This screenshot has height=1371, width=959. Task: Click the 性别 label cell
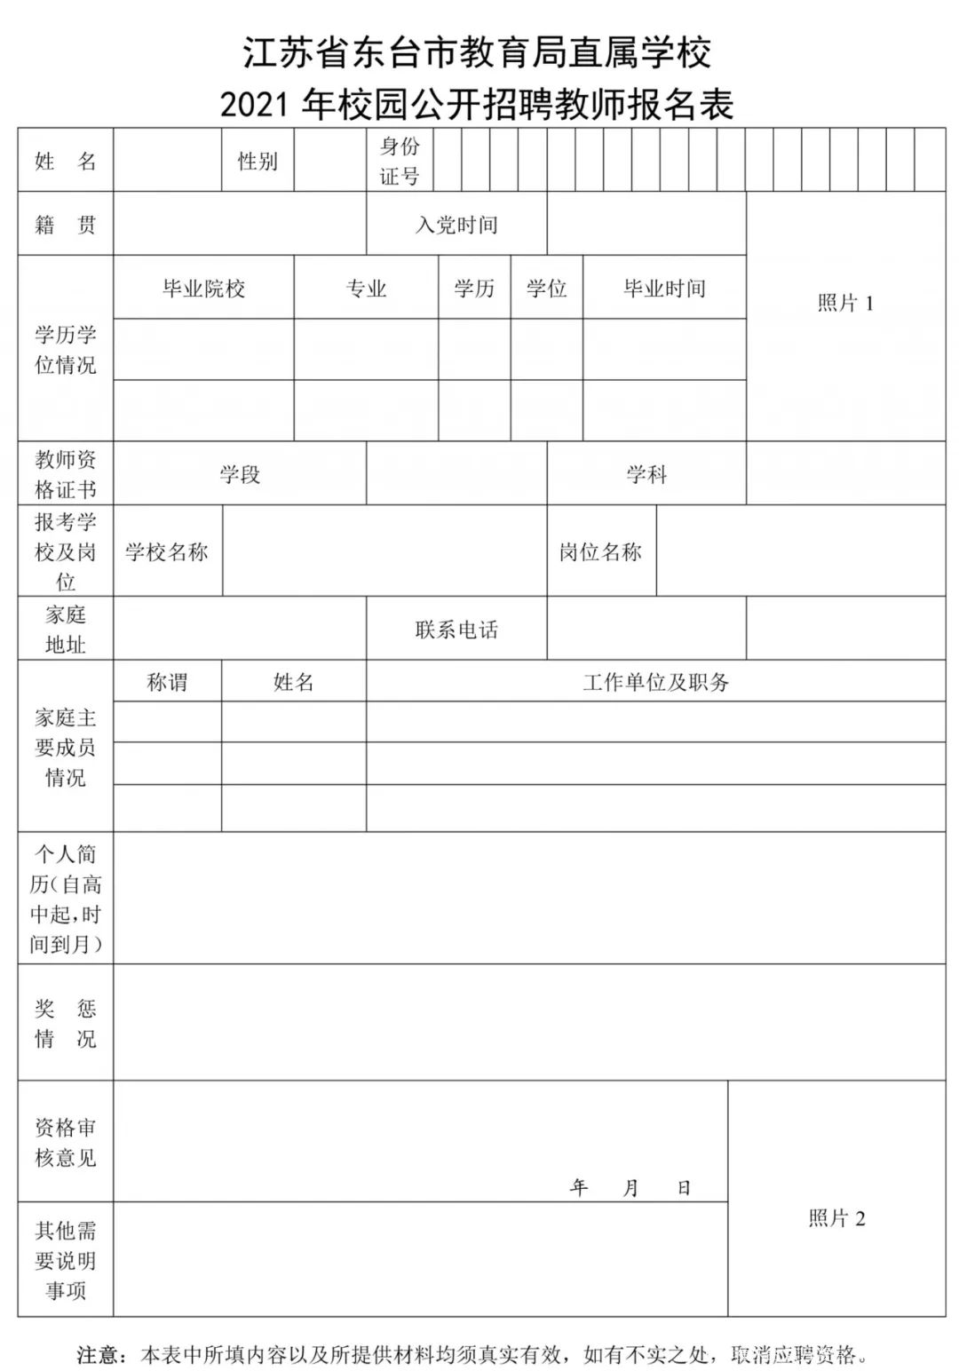258,161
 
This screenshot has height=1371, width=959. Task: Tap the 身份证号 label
400,161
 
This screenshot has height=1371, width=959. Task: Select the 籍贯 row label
66,225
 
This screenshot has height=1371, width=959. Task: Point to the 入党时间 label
456,225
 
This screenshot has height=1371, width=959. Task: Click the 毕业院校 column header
203,289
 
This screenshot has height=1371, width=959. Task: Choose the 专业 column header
366,289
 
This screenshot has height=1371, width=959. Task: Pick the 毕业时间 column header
664,289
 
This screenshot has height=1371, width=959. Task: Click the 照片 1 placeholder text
845,304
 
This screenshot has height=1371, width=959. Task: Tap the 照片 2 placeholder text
836,1218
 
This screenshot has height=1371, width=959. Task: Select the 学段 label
240,474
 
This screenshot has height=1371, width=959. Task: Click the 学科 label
646,474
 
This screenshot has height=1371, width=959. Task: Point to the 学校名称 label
167,552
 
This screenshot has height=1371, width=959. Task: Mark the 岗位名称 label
600,552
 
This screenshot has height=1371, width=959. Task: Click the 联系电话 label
456,630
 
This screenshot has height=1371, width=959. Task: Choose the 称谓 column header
167,682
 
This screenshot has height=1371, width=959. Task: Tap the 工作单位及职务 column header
655,682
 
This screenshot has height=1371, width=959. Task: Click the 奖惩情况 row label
66,1023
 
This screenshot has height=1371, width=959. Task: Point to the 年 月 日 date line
630,1187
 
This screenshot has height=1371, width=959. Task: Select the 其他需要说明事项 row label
66,1260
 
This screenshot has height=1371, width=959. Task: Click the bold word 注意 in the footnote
98,1355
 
